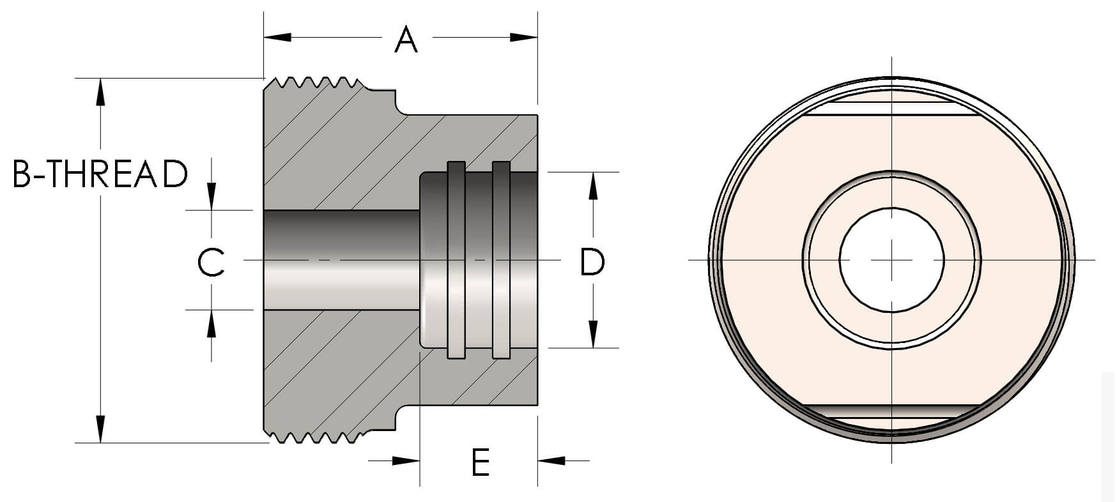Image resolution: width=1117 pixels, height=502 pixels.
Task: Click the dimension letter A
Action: click(x=406, y=40)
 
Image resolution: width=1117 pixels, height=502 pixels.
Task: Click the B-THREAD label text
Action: click(x=100, y=174)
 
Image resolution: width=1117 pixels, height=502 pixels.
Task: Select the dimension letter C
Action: click(x=211, y=262)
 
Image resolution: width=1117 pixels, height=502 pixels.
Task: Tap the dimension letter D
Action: click(x=592, y=262)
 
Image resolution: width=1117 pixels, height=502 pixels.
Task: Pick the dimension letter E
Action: click(x=481, y=462)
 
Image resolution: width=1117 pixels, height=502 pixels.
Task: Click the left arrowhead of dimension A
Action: click(x=276, y=37)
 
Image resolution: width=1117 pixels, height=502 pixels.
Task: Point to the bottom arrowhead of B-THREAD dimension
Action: click(x=100, y=429)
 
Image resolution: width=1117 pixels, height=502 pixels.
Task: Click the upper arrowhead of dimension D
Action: click(x=593, y=186)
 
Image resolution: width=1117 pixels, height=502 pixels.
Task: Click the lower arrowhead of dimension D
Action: click(x=593, y=334)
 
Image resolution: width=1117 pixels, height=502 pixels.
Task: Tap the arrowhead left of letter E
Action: click(x=406, y=460)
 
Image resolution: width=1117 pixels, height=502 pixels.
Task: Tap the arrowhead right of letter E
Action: click(x=551, y=460)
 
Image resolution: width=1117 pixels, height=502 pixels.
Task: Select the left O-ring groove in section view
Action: click(x=456, y=259)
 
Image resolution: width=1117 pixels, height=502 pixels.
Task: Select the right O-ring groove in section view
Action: click(x=501, y=259)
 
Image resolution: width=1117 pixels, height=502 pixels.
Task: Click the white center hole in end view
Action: click(x=891, y=260)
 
